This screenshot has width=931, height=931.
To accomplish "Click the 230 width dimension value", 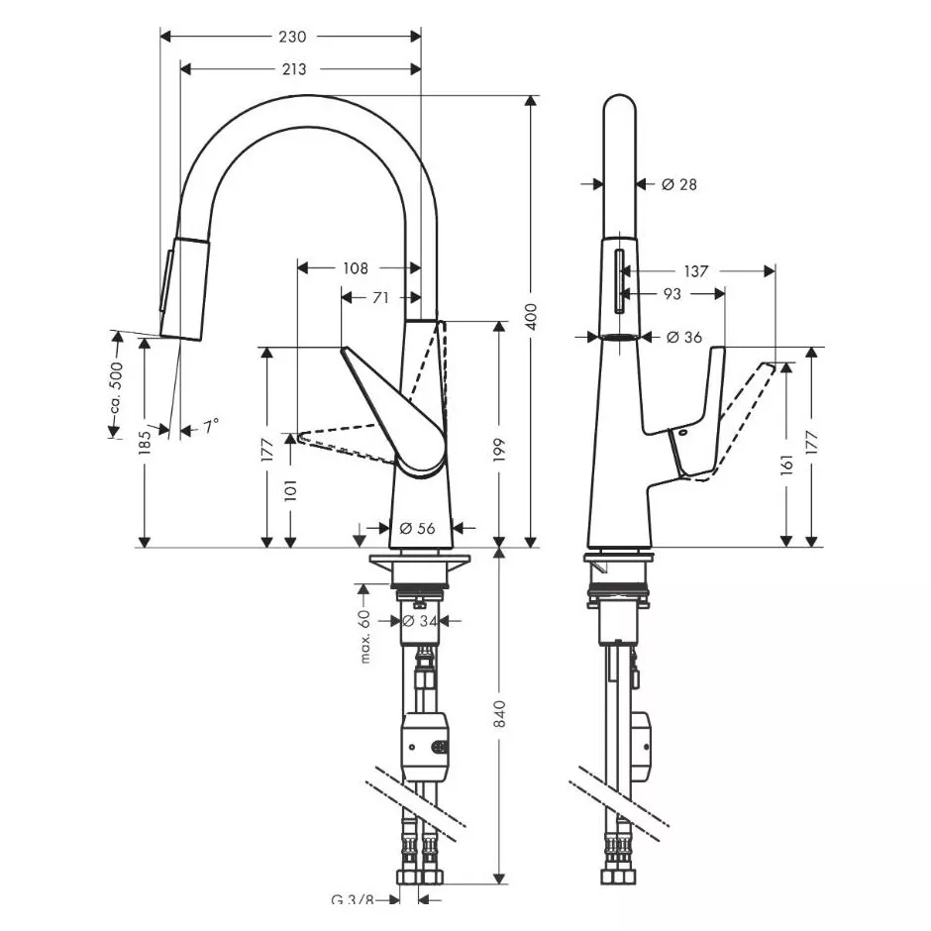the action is [293, 37].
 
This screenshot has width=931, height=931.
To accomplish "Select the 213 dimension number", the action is [294, 69].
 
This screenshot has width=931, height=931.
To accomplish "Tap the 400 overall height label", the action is [532, 317].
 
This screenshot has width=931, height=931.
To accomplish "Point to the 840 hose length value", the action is [499, 714].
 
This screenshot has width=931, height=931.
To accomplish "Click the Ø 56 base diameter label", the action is [417, 528].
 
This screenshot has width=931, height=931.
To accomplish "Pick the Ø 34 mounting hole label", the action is [420, 621].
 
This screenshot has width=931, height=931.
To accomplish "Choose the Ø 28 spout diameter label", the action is [679, 184].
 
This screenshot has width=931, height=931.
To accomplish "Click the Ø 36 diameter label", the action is [684, 338].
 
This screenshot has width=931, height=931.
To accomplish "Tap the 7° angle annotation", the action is [211, 426].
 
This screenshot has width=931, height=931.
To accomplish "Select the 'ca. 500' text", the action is [116, 387].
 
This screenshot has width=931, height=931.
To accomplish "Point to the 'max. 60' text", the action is [364, 637].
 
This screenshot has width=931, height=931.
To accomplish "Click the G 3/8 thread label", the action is [352, 916].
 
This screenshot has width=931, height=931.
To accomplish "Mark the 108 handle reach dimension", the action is [356, 268].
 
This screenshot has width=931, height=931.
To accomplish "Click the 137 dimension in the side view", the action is [696, 271].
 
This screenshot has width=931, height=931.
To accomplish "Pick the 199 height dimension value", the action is [499, 450].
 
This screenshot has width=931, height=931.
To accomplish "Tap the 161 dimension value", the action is [786, 465].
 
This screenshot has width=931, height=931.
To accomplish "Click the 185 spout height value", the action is [145, 443].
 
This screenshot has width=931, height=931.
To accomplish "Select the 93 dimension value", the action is [672, 294].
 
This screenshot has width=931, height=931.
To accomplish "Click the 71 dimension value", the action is [380, 297].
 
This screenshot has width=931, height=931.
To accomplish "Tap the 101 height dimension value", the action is [290, 490].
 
